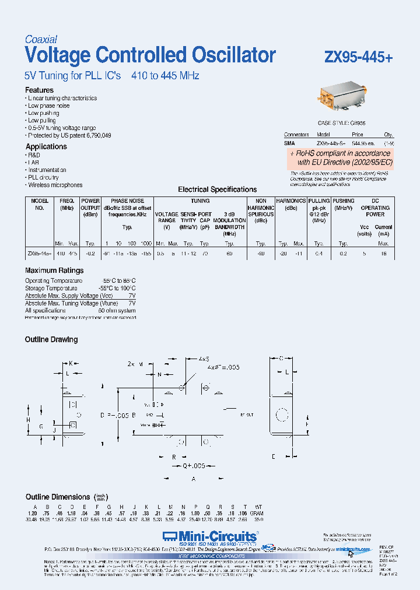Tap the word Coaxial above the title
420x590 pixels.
41,40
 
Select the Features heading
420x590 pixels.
39,90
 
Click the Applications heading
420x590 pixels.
46,147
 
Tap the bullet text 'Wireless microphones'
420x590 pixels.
55,185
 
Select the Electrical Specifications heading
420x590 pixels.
217,189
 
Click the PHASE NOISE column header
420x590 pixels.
127,201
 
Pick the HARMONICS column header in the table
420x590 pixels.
290,201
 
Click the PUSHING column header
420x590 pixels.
344,201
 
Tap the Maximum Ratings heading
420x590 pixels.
54,271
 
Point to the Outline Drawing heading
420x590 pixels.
51,339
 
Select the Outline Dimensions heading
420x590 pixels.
58,497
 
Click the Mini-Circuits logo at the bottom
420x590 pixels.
210,536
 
